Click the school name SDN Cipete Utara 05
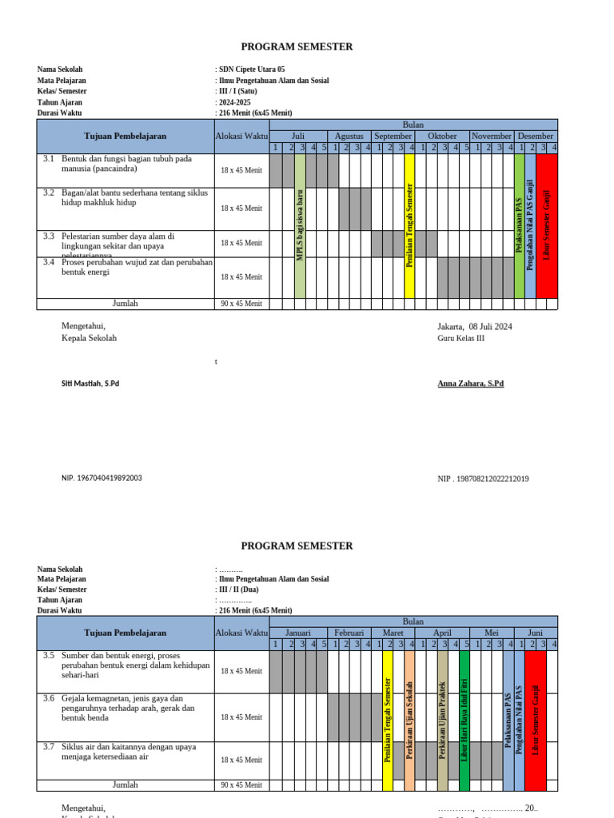tap(251, 69)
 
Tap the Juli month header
tap(298, 136)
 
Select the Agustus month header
tap(349, 136)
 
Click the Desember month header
tap(535, 136)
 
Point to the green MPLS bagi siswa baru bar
tap(301, 225)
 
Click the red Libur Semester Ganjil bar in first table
tap(547, 225)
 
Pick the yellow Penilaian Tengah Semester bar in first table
tap(409, 225)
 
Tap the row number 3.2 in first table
tap(49, 193)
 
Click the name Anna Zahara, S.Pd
tap(470, 383)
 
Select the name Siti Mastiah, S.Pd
tap(90, 383)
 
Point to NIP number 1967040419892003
tap(102, 478)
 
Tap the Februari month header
tap(349, 632)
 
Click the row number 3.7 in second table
tap(49, 746)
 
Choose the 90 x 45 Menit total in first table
tap(241, 304)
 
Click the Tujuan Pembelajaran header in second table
tap(125, 632)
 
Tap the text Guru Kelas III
tap(460, 338)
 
